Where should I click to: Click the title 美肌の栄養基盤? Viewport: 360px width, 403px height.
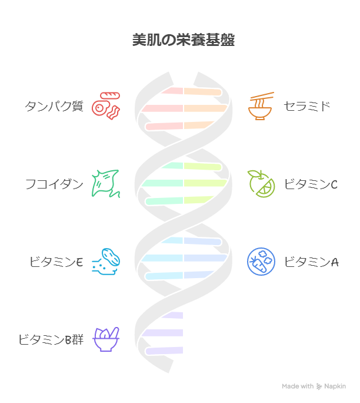[184, 40]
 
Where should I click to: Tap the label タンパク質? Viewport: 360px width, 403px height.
[54, 106]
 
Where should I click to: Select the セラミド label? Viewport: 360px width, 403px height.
[307, 106]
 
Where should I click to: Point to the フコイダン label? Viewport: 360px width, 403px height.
[54, 184]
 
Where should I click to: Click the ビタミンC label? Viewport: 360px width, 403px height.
[311, 184]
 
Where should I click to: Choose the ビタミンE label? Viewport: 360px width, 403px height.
[56, 262]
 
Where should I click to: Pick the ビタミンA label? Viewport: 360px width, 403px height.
[311, 262]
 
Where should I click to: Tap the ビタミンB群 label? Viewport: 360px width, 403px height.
[51, 339]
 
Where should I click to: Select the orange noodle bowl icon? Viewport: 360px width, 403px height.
[260, 106]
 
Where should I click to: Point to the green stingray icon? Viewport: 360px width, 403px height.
[106, 183]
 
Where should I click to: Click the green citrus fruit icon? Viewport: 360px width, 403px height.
[261, 183]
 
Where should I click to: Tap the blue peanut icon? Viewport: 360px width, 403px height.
[106, 262]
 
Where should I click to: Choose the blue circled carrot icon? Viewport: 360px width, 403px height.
[261, 262]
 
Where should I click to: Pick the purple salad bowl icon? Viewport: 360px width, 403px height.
[106, 339]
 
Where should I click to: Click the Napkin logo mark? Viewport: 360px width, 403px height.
[319, 387]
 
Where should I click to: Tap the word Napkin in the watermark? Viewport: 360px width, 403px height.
[335, 386]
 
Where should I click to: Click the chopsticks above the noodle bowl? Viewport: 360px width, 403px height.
[262, 97]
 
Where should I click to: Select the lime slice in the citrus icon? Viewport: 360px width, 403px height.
[266, 189]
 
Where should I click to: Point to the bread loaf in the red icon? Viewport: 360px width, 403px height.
[110, 96]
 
